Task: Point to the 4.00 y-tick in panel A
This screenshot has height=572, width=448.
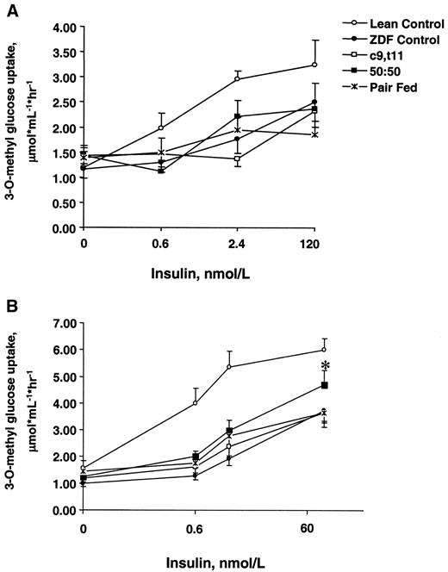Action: click(65, 27)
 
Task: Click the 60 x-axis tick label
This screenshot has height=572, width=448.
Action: click(323, 525)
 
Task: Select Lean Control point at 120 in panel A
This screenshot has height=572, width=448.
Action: click(315, 65)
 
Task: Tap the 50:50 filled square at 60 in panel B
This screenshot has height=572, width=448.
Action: click(324, 385)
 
